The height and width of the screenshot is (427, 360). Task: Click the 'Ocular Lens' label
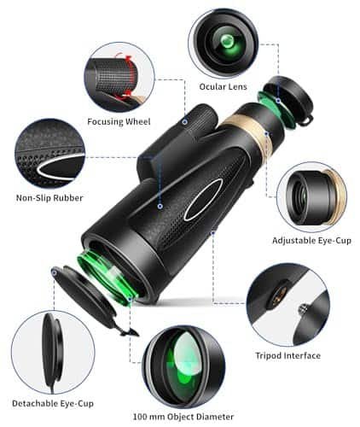pos(223,86)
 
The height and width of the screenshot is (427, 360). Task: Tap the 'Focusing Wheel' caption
pos(119,122)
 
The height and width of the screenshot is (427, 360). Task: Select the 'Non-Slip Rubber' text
pos(49,198)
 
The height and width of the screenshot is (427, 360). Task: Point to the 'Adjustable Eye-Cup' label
pos(311,241)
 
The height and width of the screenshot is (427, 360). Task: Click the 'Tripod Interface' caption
pos(288,355)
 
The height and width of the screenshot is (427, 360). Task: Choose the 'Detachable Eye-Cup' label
pos(53,403)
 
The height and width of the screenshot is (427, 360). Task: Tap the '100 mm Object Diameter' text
pos(183,417)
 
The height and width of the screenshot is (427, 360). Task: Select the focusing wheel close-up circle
pos(119,77)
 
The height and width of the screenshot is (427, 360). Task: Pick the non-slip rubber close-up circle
pos(50,153)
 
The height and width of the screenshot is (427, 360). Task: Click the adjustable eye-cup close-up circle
pos(311,197)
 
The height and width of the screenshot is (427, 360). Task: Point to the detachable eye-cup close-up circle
pos(53,353)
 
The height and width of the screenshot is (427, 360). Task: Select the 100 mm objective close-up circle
pos(183,367)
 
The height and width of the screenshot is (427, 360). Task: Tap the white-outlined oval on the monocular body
pos(204,199)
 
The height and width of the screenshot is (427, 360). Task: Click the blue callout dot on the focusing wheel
pos(185,122)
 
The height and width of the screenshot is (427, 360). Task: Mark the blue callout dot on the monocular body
pos(160,206)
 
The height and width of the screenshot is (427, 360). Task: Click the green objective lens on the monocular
pos(106,275)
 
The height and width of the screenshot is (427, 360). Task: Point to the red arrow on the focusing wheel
pos(129,74)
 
